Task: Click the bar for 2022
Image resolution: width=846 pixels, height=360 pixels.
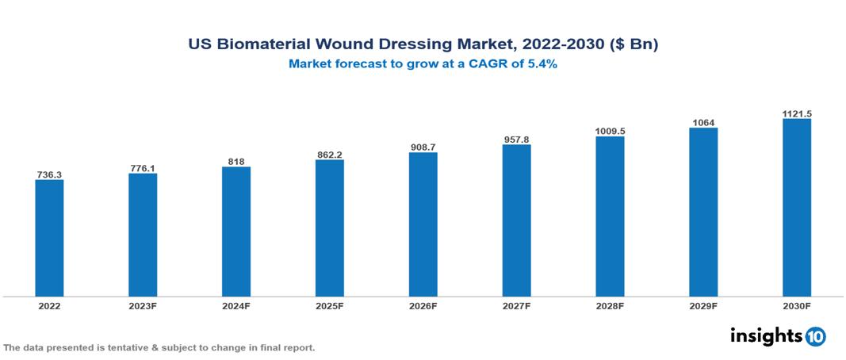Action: (x=49, y=238)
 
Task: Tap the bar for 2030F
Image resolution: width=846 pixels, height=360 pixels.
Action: (x=796, y=208)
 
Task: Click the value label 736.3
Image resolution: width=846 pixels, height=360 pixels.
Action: (x=49, y=174)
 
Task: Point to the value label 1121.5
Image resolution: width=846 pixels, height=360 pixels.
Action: (x=796, y=113)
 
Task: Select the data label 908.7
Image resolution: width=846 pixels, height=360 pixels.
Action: (x=423, y=147)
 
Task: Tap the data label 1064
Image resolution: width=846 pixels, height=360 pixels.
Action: (x=703, y=122)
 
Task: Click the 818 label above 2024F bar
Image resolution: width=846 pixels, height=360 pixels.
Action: (x=236, y=162)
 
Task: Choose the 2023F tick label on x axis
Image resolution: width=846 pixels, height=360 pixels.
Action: (x=143, y=305)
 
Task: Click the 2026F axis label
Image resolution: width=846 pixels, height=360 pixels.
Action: (x=423, y=305)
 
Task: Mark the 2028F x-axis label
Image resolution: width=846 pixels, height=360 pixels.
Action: (x=610, y=305)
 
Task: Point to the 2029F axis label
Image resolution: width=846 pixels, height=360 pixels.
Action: (x=703, y=305)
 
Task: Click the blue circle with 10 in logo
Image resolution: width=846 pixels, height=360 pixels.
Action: (x=815, y=337)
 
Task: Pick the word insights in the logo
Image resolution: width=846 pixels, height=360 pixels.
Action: (x=766, y=336)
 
